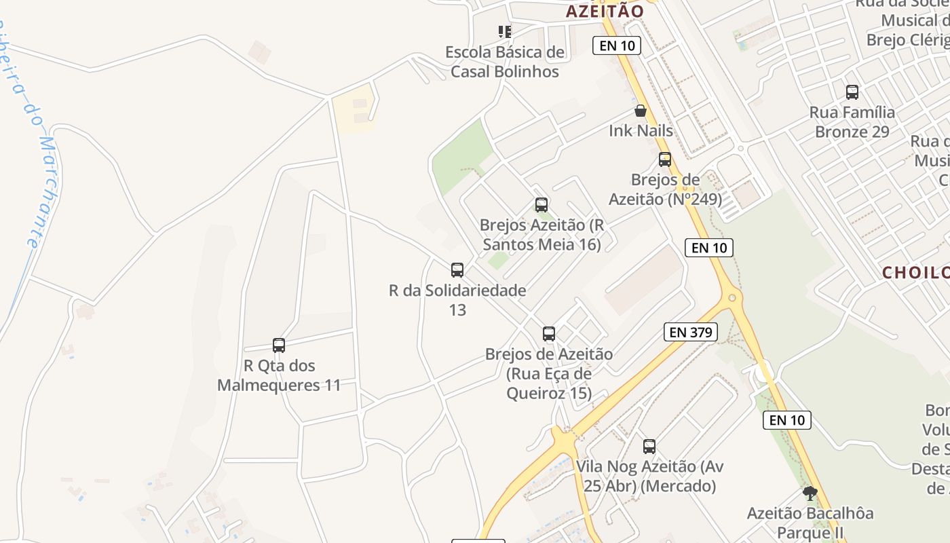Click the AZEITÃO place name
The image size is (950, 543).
(x=604, y=11)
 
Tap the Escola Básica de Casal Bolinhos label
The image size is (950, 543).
(x=505, y=62)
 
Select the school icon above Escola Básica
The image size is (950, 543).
(x=504, y=31)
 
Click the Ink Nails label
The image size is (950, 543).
(x=641, y=130)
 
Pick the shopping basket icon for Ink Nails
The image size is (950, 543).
(x=641, y=111)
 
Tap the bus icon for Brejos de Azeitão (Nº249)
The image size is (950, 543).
(x=665, y=160)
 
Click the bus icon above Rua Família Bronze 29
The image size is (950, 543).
(x=852, y=92)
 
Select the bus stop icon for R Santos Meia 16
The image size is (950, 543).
(x=541, y=204)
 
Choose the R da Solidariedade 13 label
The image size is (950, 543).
(x=457, y=300)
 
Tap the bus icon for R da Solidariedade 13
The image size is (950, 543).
(x=457, y=270)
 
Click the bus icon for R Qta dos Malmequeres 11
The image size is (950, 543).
(x=279, y=345)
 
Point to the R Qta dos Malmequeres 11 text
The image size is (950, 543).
(x=279, y=375)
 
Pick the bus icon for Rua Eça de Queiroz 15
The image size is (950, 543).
(x=549, y=334)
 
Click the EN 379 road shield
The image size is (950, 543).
(x=691, y=332)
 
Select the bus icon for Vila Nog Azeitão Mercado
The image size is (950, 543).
(x=649, y=447)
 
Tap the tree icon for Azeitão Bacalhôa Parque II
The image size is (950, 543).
(x=810, y=493)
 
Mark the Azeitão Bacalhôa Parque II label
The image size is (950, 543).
(x=810, y=523)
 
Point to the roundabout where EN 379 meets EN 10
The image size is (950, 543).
(x=732, y=297)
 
